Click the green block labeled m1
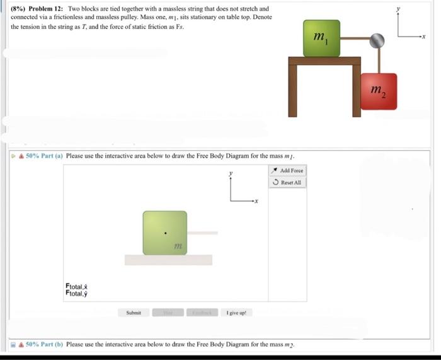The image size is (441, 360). [321, 38]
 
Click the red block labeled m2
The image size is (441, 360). [379, 91]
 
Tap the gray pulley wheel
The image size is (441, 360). [377, 40]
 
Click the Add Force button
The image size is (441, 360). [288, 170]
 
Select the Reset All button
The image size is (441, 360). [288, 182]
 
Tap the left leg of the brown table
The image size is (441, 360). [292, 91]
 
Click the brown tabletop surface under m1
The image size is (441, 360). [324, 61]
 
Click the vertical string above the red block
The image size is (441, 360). [379, 61]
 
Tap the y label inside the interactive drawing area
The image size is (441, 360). [231, 173]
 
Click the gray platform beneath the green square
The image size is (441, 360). [168, 260]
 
